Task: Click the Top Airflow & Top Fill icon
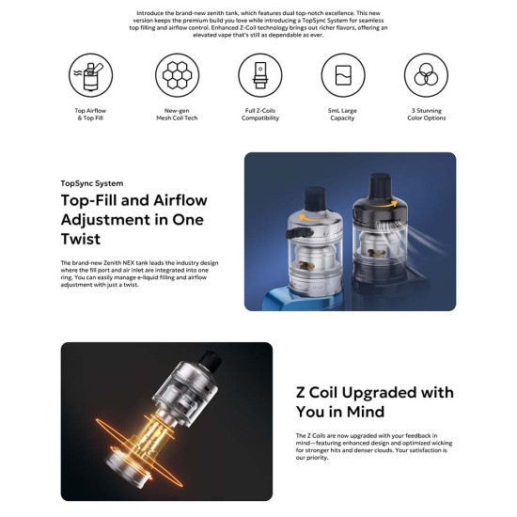(91, 74)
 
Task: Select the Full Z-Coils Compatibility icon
(258, 74)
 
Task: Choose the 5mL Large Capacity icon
(342, 74)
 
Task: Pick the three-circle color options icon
(425, 74)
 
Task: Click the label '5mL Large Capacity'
(342, 115)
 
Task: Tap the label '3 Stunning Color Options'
(425, 115)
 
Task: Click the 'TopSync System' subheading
(91, 183)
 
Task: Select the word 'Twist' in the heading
(81, 240)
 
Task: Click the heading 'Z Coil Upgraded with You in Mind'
(374, 401)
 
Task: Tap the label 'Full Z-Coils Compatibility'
(258, 115)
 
